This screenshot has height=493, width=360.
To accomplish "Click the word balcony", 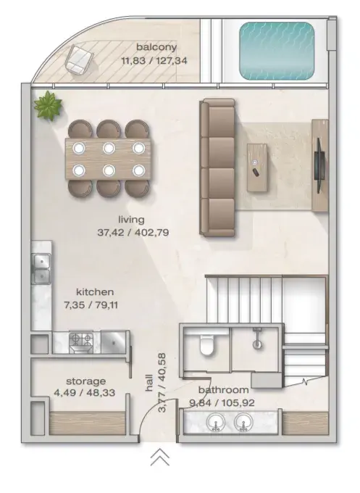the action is (x=156, y=47).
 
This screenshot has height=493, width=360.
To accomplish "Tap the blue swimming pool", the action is (x=277, y=50).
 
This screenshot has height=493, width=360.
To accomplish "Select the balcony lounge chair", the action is (x=79, y=59).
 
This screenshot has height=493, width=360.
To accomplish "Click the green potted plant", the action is (x=48, y=105).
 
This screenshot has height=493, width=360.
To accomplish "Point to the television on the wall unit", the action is (x=319, y=165).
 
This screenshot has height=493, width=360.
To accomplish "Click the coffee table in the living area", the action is (x=257, y=167).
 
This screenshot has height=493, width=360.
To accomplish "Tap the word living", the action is (x=131, y=220).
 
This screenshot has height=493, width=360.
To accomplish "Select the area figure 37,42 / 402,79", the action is (x=133, y=233).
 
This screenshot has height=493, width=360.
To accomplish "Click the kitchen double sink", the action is (x=41, y=268).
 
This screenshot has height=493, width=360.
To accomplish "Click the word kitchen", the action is (x=95, y=291).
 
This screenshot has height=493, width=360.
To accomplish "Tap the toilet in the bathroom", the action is (x=206, y=345).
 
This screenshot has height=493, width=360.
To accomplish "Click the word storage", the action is (x=85, y=381).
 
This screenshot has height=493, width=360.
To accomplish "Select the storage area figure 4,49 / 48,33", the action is (x=85, y=393).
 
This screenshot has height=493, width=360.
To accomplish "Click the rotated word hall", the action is (x=149, y=383).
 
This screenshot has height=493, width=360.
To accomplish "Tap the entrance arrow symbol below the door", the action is (x=160, y=457).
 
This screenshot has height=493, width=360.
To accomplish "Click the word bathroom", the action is (x=224, y=390).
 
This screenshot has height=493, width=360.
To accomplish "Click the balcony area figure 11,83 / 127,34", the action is (x=154, y=60).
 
